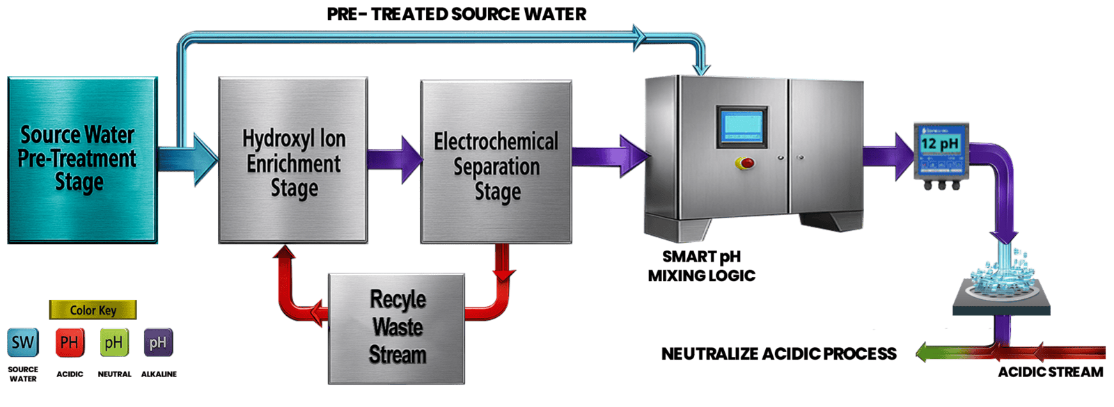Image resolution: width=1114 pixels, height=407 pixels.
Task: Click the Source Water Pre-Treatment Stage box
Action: click(81, 159)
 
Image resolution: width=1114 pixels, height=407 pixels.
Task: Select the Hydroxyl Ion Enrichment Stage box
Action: click(293, 160)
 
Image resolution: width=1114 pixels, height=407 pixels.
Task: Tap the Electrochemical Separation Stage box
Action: click(496, 162)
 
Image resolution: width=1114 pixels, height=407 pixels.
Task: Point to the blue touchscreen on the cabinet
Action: click(742, 127)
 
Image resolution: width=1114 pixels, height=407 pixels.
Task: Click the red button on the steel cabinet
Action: click(746, 163)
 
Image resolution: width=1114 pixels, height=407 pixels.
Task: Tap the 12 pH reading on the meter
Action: click(939, 144)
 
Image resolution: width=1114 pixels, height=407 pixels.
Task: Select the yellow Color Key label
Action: click(93, 310)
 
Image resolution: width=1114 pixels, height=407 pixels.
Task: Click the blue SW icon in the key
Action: click(23, 342)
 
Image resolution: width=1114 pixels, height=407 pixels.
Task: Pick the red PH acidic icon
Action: click(69, 342)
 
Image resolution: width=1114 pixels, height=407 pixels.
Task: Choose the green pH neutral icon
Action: click(113, 342)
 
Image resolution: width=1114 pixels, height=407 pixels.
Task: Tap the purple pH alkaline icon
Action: click(158, 342)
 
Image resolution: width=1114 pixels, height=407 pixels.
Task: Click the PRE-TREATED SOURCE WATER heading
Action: click(457, 14)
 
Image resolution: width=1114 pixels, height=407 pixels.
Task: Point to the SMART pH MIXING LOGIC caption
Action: click(702, 266)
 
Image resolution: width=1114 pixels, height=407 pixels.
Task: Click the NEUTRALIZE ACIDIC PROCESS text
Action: click(778, 353)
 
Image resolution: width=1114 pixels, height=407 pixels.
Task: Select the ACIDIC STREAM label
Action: click(1050, 372)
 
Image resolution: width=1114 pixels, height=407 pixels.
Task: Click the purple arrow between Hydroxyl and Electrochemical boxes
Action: click(394, 160)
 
